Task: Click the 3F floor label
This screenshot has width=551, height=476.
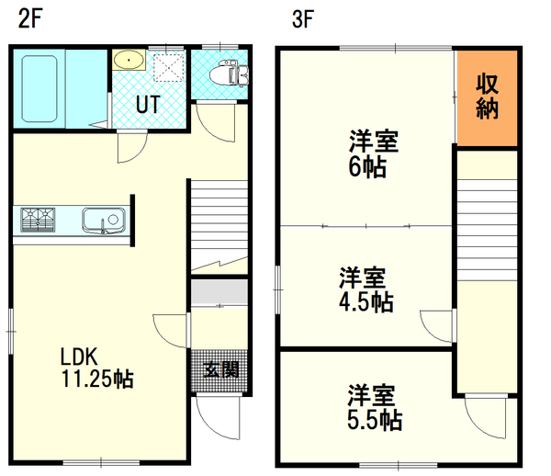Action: (304, 19)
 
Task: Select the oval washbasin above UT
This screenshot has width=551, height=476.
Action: (129, 61)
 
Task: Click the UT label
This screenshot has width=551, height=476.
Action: (148, 105)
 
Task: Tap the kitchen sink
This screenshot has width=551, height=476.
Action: (103, 221)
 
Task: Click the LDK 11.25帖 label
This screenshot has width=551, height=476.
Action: (96, 367)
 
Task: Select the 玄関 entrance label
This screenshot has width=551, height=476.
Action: (220, 370)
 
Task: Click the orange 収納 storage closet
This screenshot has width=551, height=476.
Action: (487, 96)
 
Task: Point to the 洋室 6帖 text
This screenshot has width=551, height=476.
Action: (372, 154)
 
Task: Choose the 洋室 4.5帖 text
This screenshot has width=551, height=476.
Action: (365, 289)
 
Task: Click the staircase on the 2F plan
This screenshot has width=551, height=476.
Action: (219, 221)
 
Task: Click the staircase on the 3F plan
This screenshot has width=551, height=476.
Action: (487, 221)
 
